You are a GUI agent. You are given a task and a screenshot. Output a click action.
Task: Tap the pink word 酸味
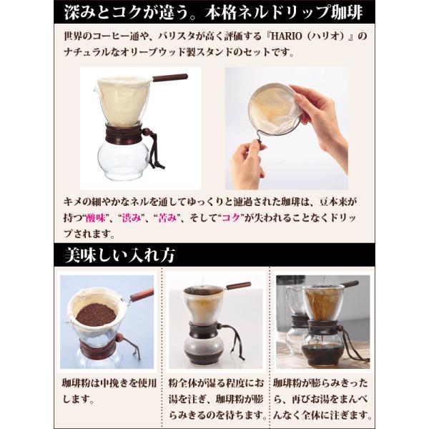(96, 218)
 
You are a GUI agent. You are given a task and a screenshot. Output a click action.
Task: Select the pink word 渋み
(132, 218)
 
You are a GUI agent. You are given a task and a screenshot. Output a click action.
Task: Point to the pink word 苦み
(167, 218)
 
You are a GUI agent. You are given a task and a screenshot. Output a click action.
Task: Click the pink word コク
(231, 218)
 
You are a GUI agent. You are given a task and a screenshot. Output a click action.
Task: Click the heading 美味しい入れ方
(119, 255)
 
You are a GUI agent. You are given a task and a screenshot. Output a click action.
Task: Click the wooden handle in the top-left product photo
(170, 77)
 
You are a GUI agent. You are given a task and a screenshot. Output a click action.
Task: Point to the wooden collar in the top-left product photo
(124, 134)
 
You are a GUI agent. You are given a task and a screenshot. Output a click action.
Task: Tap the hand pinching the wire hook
(247, 164)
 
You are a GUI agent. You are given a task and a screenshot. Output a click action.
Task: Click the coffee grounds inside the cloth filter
(96, 315)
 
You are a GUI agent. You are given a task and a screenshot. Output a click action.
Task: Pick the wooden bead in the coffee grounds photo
(119, 337)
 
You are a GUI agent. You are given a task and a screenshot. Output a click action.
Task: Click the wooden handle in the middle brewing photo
(238, 285)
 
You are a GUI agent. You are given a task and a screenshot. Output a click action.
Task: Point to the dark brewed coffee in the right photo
(322, 354)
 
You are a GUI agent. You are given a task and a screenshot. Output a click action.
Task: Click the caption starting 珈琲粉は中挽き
(109, 391)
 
